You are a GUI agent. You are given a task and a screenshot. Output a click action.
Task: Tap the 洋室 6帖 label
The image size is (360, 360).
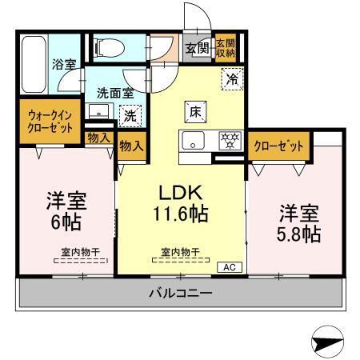(x=66, y=209)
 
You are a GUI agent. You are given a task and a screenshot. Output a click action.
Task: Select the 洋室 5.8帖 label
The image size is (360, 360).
(x=300, y=223)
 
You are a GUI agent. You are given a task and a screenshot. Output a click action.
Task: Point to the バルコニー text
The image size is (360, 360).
(x=180, y=294)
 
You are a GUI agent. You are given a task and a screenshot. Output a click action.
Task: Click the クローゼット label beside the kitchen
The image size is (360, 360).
(x=278, y=146)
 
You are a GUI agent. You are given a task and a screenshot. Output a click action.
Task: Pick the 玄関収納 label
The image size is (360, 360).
(x=226, y=48)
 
